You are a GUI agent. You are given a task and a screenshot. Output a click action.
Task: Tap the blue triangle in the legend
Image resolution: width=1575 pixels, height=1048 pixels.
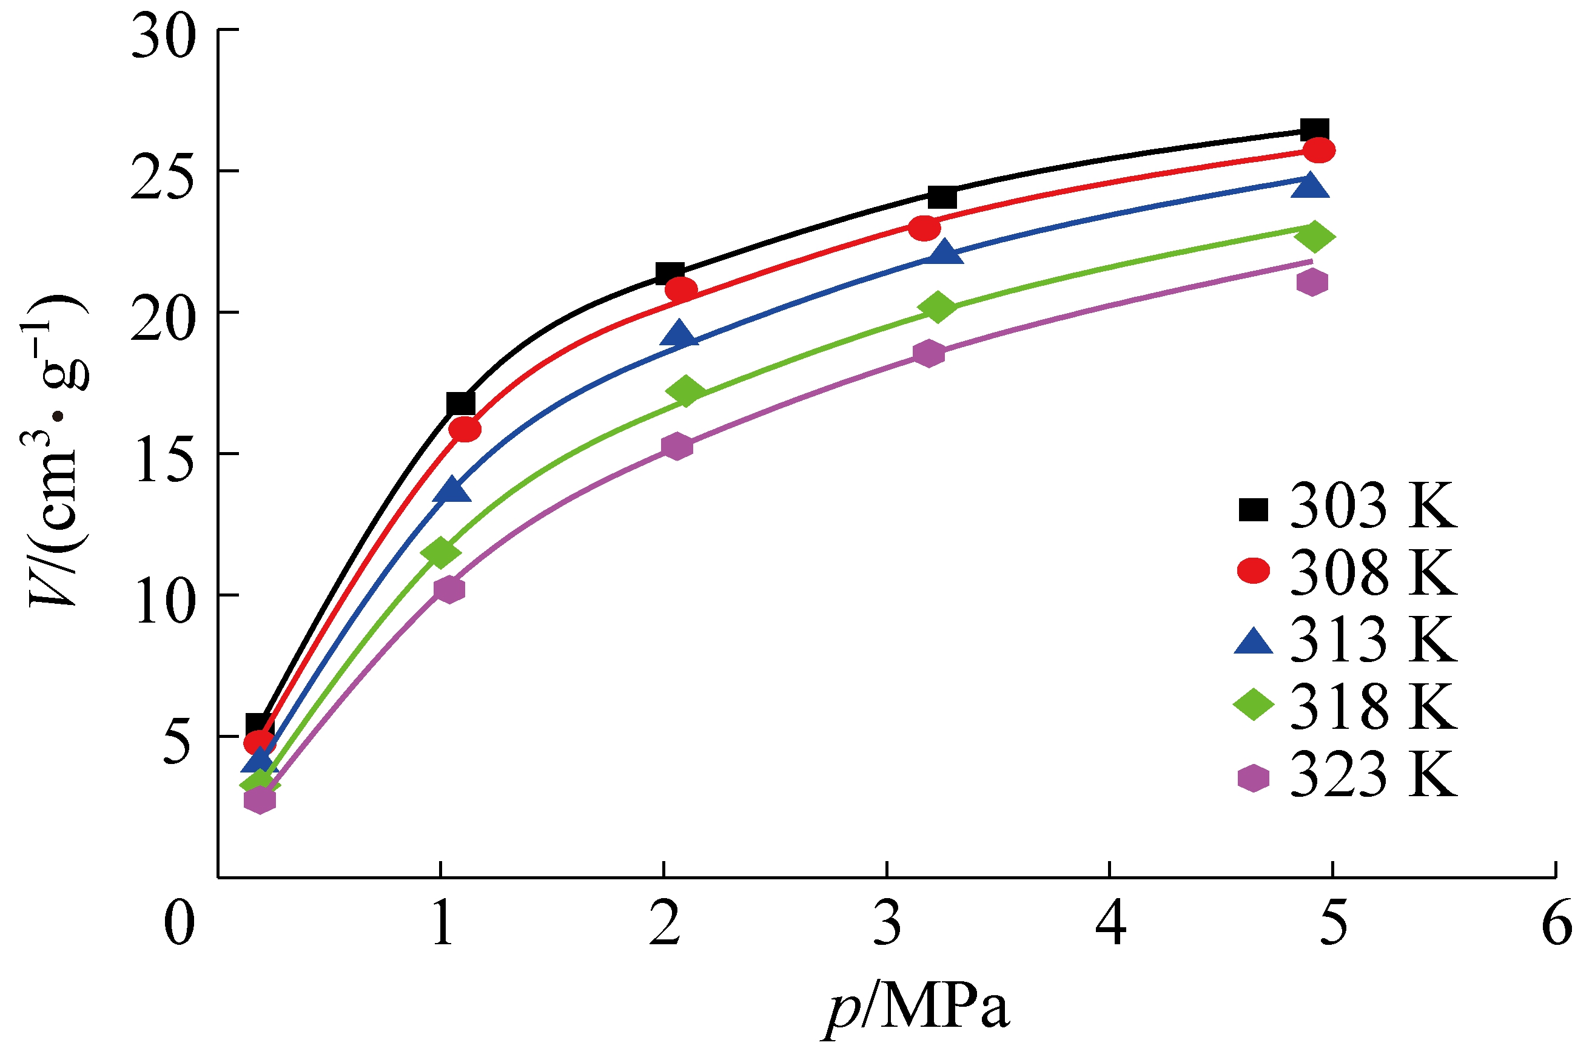pos(1254,642)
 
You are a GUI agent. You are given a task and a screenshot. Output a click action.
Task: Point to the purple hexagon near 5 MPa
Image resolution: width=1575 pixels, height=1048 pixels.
pos(1312,282)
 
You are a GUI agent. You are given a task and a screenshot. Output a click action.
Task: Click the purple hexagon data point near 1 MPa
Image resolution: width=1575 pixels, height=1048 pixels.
pos(449,589)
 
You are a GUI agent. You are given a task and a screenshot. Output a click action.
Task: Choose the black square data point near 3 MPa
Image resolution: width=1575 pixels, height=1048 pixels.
pos(942,197)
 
